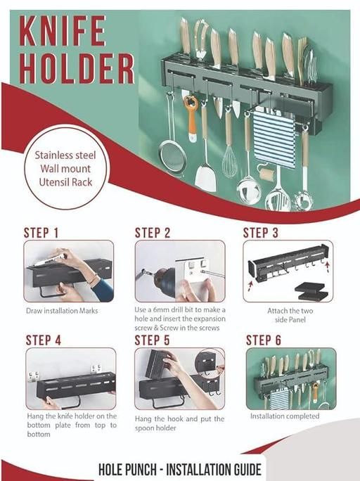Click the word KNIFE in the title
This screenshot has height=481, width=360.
pyautogui.click(x=63, y=31)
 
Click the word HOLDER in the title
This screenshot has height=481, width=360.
pyautogui.click(x=77, y=69)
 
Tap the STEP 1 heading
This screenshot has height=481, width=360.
pyautogui.click(x=41, y=233)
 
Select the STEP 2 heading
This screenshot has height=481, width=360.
pyautogui.click(x=153, y=233)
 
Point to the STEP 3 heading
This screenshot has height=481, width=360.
pyautogui.click(x=261, y=233)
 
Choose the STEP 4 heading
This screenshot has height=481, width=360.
pyautogui.click(x=44, y=340)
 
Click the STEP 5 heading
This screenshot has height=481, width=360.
pyautogui.click(x=153, y=340)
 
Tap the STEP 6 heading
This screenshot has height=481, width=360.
pyautogui.click(x=264, y=340)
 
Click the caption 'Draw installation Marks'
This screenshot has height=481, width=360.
pyautogui.click(x=62, y=311)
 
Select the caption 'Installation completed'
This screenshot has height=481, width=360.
pyautogui.click(x=285, y=416)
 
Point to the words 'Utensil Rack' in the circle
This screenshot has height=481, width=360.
pyautogui.click(x=65, y=182)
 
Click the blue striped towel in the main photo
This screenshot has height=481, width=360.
pyautogui.click(x=274, y=139)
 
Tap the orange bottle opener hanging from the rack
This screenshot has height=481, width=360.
pyautogui.click(x=191, y=118)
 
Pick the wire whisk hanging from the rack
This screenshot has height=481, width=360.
pyautogui.click(x=229, y=153)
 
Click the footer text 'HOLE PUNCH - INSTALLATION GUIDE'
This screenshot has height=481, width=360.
pyautogui.click(x=180, y=469)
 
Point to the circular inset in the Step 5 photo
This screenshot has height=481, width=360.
pyautogui.click(x=210, y=362)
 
